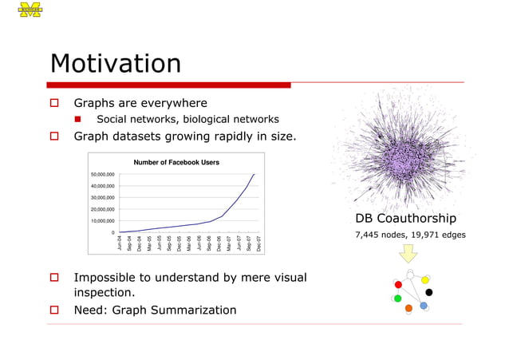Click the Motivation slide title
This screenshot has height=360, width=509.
(x=115, y=64)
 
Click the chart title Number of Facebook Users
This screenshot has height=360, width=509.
(x=176, y=162)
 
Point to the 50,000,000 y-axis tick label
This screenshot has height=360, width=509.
(x=102, y=174)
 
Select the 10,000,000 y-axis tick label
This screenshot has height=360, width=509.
(x=102, y=221)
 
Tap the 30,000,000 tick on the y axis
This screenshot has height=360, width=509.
(x=102, y=198)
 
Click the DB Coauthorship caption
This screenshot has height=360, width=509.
(x=405, y=219)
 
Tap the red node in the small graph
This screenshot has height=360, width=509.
(x=398, y=284)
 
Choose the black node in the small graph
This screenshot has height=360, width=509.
(x=429, y=292)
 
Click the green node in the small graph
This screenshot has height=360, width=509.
(x=398, y=299)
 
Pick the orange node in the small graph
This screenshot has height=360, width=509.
(x=408, y=308)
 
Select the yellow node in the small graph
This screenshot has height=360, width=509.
(x=425, y=280)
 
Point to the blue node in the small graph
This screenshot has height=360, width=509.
(x=424, y=306)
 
